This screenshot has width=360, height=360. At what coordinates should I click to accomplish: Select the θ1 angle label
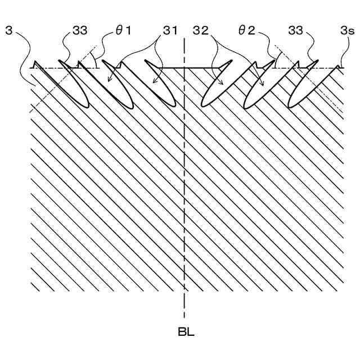123,30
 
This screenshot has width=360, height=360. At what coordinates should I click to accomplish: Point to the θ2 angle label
247,30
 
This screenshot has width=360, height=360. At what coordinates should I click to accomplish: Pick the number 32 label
201,30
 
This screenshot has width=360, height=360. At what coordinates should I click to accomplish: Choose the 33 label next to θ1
79,30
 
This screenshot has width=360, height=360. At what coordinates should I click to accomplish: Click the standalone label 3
8,30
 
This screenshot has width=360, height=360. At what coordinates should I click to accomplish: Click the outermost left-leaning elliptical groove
76,90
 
